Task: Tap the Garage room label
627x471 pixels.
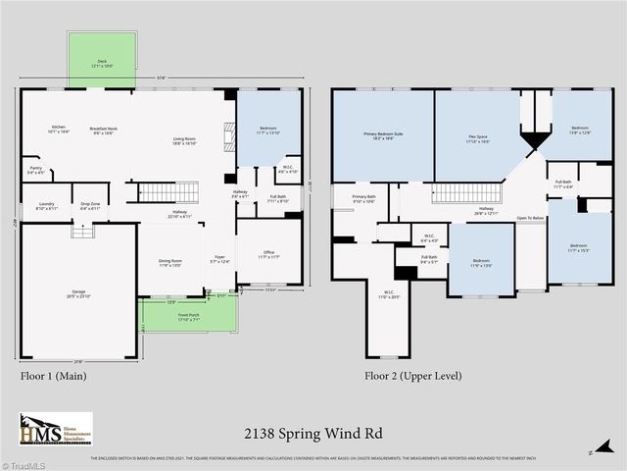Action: (x=77, y=292)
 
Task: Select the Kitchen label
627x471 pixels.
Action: (x=59, y=128)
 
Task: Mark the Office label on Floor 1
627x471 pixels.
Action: (x=268, y=254)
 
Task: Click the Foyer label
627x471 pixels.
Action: (x=219, y=259)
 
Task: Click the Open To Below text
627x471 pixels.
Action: (x=529, y=218)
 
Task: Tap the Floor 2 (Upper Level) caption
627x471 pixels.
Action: (x=412, y=375)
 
